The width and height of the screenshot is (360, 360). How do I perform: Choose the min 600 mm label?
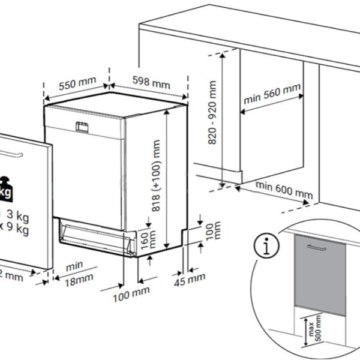[x=285, y=191]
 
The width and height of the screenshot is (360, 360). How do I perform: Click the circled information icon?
[x=261, y=247]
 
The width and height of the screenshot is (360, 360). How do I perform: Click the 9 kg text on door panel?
[x=17, y=229]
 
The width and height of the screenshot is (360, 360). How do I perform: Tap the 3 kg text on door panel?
[x=17, y=215]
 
